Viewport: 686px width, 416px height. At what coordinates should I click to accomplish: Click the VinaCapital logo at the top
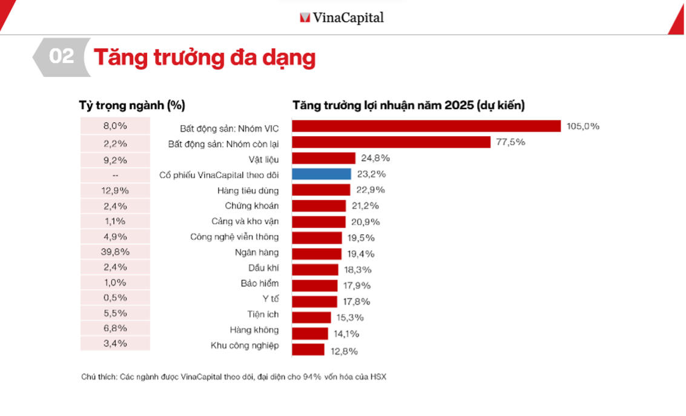(x=342, y=18)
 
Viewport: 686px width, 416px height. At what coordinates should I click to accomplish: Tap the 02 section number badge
(x=61, y=57)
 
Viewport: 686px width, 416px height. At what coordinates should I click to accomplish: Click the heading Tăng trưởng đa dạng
(x=204, y=58)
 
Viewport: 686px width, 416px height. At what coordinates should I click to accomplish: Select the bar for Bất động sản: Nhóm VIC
(x=426, y=126)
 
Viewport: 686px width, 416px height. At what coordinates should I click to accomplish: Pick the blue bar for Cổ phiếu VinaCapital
(x=321, y=174)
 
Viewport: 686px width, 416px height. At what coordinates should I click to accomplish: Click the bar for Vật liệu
(x=323, y=158)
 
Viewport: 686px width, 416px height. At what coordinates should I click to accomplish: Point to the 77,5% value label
(x=510, y=142)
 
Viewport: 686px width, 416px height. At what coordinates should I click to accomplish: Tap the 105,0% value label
(x=582, y=126)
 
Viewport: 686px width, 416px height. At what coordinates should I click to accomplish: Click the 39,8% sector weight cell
(x=115, y=251)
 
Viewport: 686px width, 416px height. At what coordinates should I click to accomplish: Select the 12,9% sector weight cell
(x=115, y=190)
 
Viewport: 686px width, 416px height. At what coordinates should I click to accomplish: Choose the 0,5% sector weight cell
(x=115, y=297)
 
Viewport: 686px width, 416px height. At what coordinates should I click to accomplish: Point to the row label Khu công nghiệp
(x=245, y=345)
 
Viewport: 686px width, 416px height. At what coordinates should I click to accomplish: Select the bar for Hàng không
(x=309, y=333)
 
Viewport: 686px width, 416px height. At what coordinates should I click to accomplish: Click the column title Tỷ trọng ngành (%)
(x=132, y=105)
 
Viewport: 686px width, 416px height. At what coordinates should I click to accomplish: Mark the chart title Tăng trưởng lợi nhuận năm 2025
(x=409, y=105)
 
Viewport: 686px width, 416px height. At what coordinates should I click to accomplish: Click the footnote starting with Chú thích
(x=233, y=377)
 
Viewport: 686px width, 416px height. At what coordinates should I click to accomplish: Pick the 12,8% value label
(x=343, y=351)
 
